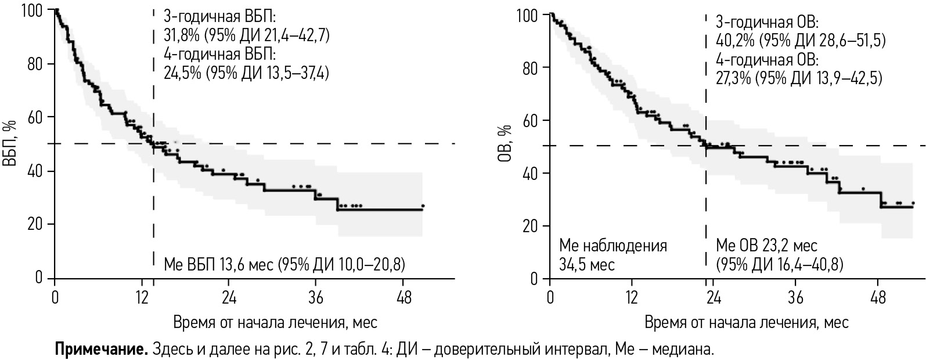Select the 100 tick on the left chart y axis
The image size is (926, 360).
tap(34, 10)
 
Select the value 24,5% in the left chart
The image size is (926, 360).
tap(182, 74)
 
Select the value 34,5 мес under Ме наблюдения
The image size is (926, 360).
tap(586, 265)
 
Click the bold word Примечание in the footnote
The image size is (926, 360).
tap(101, 350)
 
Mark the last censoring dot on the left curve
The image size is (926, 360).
tap(423, 206)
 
